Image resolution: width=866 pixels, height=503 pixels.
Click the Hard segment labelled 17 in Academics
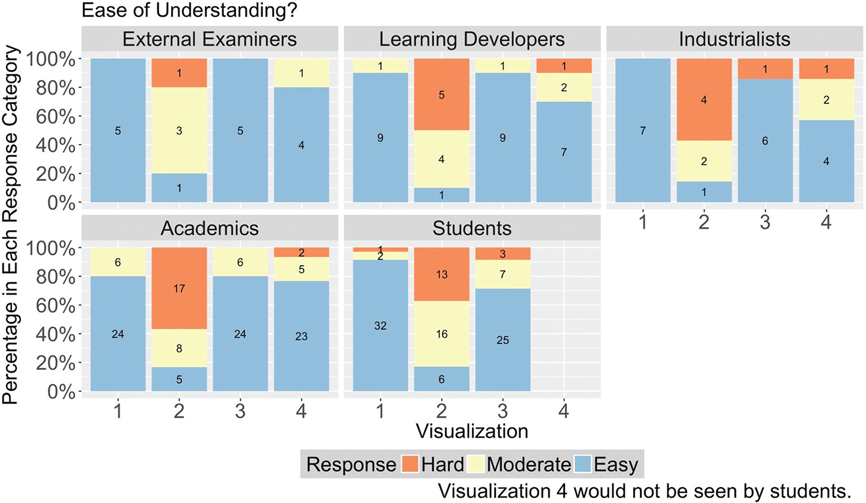coord(179,289)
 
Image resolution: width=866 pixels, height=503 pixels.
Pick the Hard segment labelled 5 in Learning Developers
coord(442,95)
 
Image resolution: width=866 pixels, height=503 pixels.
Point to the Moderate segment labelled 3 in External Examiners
coord(179,130)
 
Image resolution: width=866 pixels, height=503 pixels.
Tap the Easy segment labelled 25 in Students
coord(503,339)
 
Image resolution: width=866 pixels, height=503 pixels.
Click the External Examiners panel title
coord(209,40)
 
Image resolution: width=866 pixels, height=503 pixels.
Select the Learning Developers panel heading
coord(471,40)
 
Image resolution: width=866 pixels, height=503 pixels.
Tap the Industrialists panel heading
coord(734,40)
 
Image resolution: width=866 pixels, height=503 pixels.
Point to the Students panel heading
coord(471,228)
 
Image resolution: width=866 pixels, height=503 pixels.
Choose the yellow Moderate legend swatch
coord(477,465)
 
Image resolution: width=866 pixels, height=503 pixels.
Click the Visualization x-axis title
coord(471,431)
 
